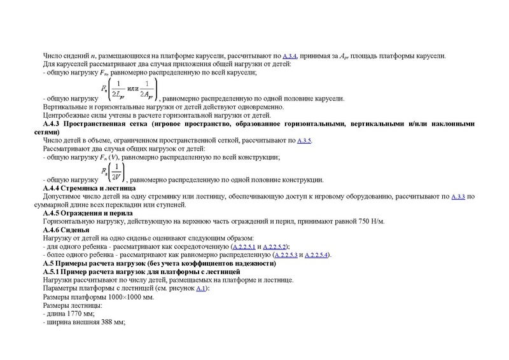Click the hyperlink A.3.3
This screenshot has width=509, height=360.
pyautogui.click(x=457, y=197)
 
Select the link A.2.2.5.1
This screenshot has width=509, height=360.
pyautogui.click(x=245, y=246)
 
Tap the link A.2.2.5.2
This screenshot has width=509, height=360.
pyautogui.click(x=276, y=246)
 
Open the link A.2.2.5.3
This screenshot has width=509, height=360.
pyautogui.click(x=284, y=254)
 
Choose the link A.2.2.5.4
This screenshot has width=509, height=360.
pyautogui.click(x=317, y=254)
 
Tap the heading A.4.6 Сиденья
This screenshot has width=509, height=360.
pyautogui.click(x=70, y=230)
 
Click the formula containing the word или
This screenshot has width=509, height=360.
pyautogui.click(x=137, y=89)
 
